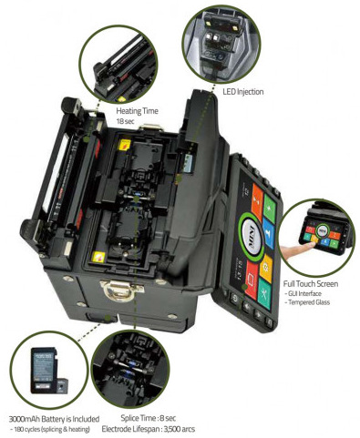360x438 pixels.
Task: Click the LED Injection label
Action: coord(243,92)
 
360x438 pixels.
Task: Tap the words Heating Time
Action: coord(138,111)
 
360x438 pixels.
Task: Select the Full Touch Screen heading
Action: coord(311,284)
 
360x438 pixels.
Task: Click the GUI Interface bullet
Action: coord(303,293)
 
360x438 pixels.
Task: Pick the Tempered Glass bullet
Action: coord(307,302)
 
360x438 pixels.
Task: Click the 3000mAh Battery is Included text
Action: coord(54,419)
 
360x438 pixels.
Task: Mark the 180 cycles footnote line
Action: coord(50,429)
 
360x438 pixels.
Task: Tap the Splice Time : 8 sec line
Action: coord(149,418)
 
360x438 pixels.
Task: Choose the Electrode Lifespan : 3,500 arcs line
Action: coord(149,429)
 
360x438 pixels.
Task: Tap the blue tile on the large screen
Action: coord(268,233)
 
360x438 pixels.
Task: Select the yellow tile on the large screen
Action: coord(266,268)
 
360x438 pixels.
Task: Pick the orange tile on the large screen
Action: coord(258,199)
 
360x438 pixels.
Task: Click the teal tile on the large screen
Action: coord(264,293)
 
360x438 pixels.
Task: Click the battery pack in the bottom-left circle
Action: coord(45,370)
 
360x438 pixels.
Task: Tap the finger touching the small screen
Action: coord(296,250)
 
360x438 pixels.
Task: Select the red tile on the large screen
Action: coord(252,280)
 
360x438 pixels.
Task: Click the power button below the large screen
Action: coord(233,298)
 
